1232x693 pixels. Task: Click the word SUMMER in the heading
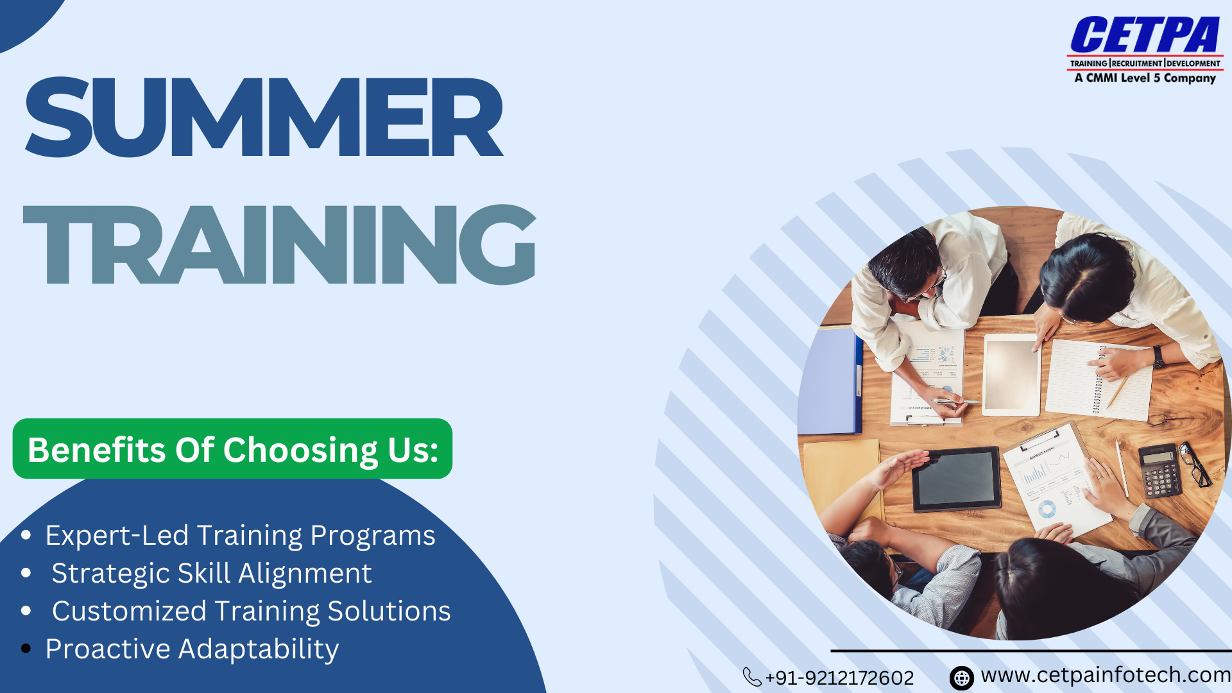[264, 117]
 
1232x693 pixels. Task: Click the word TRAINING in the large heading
[280, 244]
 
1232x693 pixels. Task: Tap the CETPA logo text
[1145, 35]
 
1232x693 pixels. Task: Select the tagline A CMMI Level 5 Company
[1145, 78]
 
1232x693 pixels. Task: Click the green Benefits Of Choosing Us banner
[232, 449]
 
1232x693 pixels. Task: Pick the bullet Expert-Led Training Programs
[240, 536]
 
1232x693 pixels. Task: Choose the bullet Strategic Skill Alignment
[212, 574]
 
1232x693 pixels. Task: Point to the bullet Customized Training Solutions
[251, 612]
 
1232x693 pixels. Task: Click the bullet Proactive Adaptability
[192, 649]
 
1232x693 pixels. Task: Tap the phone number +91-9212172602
[839, 678]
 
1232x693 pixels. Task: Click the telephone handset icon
[751, 677]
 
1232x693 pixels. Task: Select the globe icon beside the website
[961, 678]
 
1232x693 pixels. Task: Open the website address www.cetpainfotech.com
[1106, 675]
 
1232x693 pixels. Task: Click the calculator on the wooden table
[1160, 470]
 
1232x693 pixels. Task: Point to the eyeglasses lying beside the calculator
[1195, 463]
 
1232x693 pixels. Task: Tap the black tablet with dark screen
[957, 479]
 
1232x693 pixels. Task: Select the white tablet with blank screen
[1012, 375]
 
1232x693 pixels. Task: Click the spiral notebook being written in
[1099, 380]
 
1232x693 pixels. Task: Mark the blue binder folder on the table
[830, 381]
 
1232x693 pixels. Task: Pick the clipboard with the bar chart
[1056, 479]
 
